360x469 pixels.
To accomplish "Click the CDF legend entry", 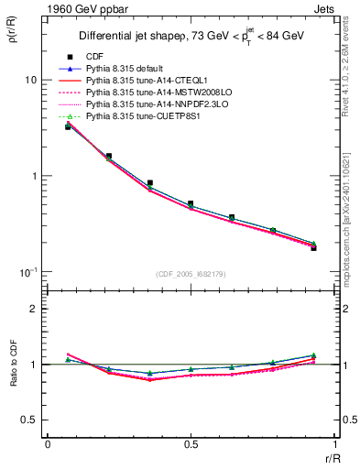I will (93, 56).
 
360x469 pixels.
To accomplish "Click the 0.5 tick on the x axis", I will (191, 444).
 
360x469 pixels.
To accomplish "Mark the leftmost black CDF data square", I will (68, 126).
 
